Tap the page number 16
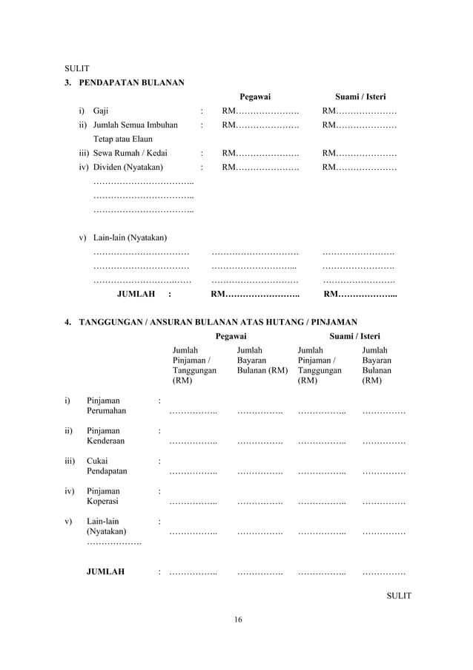[x=237, y=620]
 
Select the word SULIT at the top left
[x=77, y=68]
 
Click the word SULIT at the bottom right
[x=399, y=596]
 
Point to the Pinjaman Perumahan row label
[x=106, y=405]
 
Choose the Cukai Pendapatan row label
[x=107, y=465]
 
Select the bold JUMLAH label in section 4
[x=105, y=572]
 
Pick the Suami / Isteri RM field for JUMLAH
[x=361, y=294]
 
